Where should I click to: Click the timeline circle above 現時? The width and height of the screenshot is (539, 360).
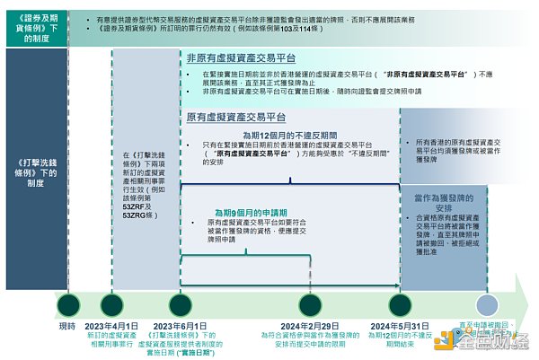coord(68,303)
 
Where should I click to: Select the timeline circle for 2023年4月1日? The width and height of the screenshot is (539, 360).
coord(112,303)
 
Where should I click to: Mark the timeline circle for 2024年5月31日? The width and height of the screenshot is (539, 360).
coord(400,303)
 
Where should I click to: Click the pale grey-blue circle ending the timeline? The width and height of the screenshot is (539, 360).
coord(487,304)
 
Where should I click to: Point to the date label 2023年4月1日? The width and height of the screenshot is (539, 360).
coord(111,325)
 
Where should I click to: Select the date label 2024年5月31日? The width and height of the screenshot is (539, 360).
coord(401,325)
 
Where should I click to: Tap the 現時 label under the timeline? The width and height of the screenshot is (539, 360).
coord(67,325)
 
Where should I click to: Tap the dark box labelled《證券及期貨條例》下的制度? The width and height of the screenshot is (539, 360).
coord(29,27)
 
